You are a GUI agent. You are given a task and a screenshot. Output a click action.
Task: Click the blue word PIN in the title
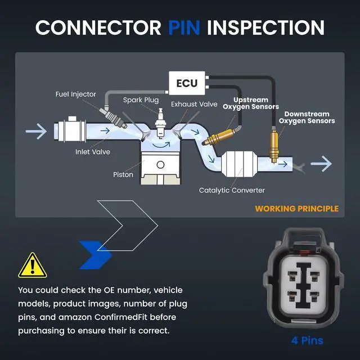[x=184, y=28]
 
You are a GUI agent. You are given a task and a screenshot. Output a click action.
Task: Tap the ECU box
[x=187, y=83]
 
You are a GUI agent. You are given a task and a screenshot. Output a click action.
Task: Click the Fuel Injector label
[x=75, y=94]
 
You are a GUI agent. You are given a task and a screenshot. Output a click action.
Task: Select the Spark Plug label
[x=141, y=100]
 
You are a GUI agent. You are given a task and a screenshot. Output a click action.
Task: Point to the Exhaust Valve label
[x=194, y=104]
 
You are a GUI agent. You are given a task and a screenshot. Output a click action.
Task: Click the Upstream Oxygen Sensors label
[x=251, y=103]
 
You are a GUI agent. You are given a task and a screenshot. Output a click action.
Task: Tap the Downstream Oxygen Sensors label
[x=307, y=118]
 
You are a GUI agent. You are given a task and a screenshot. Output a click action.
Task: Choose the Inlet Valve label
[x=93, y=152]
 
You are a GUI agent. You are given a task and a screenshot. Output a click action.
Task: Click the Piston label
[x=123, y=174]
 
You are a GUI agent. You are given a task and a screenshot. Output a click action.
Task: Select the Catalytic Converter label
[x=232, y=190]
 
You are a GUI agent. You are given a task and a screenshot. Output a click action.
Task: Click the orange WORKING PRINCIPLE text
[x=296, y=209]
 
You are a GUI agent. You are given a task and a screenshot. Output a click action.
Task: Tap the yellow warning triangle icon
[x=33, y=265]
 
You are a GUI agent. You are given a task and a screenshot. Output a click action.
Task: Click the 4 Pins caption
[x=307, y=341]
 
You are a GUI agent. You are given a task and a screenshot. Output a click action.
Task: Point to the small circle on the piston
[x=160, y=165]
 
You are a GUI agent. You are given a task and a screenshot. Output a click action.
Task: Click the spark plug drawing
[x=160, y=124]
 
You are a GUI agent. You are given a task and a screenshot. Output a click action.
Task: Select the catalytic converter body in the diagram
[x=239, y=164]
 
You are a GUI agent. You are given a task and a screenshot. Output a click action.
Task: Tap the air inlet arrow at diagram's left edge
[x=36, y=131]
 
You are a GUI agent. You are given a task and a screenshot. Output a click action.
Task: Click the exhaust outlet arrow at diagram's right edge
[x=321, y=164]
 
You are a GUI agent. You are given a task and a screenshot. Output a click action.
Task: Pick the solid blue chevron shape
[x=95, y=255]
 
